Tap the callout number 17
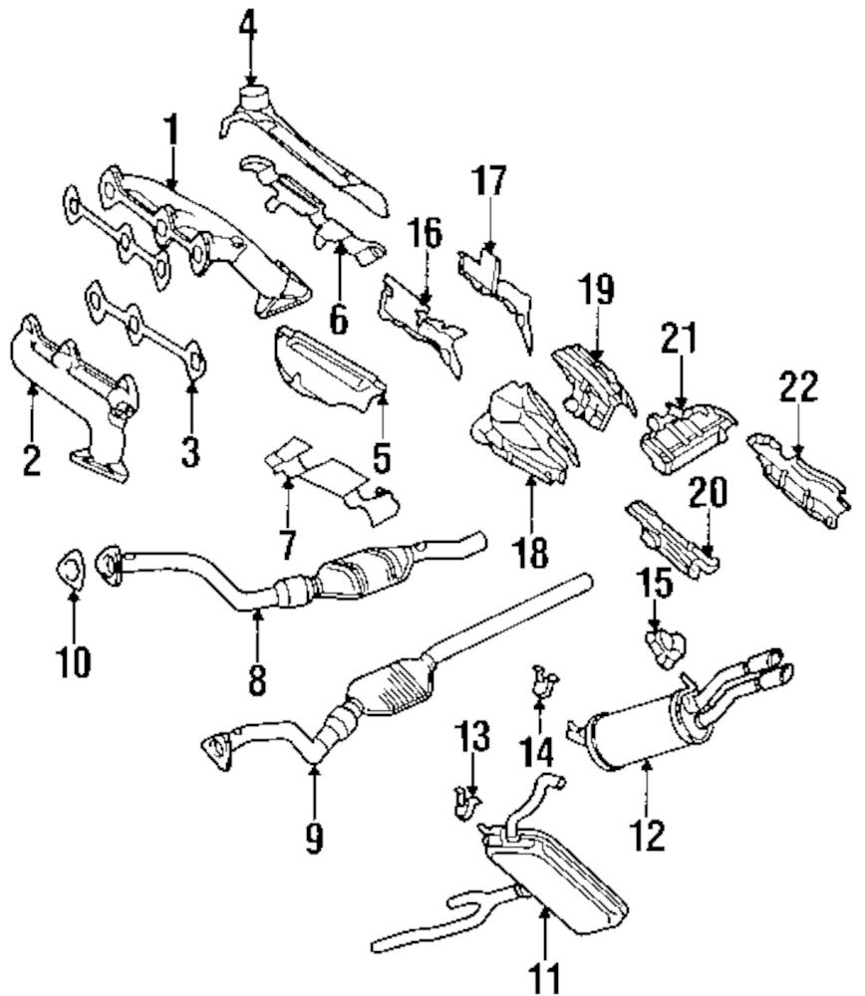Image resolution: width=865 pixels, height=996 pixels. (489, 182)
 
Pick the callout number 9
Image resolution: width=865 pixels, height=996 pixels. (314, 840)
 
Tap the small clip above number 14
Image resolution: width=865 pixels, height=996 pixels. (543, 679)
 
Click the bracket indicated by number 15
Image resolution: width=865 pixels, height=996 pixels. (664, 644)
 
